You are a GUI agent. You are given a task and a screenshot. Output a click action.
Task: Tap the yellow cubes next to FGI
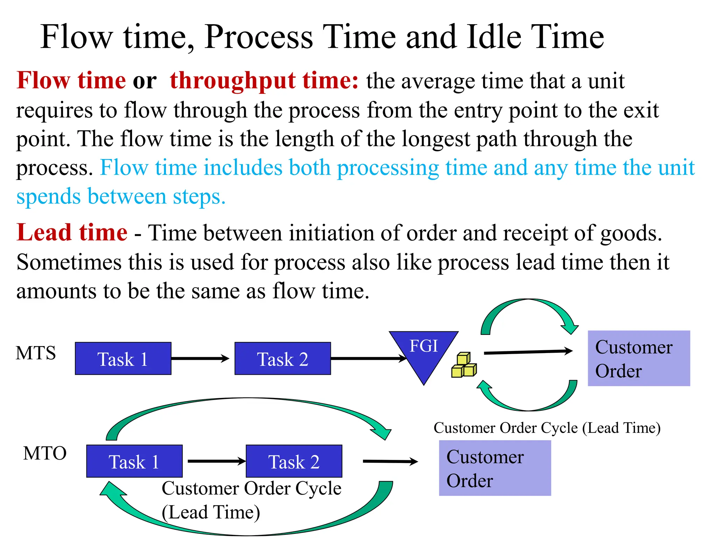[464, 366]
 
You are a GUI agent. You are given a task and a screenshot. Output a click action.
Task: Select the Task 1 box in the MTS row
[123, 359]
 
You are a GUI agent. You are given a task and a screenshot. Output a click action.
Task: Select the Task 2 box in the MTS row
[283, 359]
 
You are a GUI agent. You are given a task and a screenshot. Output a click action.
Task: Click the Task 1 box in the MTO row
[134, 461]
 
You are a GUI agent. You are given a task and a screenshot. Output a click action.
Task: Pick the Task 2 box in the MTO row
[294, 461]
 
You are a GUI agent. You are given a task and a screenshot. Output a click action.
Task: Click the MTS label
[36, 353]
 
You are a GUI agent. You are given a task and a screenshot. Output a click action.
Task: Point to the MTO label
[45, 453]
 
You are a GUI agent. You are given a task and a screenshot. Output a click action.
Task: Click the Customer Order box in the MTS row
[639, 358]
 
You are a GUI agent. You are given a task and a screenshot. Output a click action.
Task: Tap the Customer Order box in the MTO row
[495, 468]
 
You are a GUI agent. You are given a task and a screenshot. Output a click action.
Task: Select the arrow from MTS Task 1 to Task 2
[200, 358]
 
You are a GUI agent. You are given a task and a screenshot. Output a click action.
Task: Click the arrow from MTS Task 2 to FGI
[368, 358]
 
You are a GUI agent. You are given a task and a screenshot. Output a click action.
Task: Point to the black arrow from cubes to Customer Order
[528, 352]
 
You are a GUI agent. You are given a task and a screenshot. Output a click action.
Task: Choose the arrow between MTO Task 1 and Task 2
[216, 461]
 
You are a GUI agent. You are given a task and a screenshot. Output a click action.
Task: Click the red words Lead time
[72, 233]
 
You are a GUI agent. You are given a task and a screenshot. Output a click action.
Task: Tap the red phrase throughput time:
[264, 81]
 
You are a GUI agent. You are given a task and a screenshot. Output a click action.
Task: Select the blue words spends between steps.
[121, 196]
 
